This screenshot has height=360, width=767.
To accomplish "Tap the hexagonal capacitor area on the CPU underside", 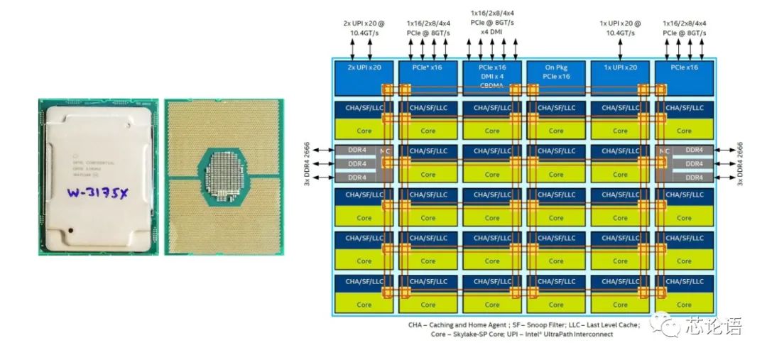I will (x=223, y=177).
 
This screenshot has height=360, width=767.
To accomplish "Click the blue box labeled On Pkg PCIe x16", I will (x=555, y=71).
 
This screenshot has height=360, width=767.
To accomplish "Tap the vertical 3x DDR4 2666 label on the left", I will (x=308, y=163).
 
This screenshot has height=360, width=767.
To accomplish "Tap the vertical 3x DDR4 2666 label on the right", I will (x=740, y=163).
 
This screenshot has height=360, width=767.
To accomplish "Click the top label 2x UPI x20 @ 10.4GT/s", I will (x=364, y=28).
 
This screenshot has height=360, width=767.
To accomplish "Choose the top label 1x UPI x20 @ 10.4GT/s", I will (x=620, y=28).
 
